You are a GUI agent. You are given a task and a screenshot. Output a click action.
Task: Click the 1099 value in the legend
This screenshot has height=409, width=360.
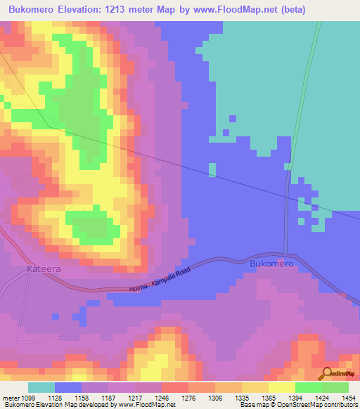(x=38, y=398)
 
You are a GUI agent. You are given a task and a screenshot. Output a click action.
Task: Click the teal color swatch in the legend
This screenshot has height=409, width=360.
(x=41, y=387)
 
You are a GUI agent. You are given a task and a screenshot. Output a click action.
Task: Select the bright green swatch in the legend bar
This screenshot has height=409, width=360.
(x=309, y=387)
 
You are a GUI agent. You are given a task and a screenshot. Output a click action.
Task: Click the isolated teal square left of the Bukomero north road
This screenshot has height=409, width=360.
(x=212, y=169)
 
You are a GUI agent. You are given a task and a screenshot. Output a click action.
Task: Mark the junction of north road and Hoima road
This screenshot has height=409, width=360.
(x=286, y=254)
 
